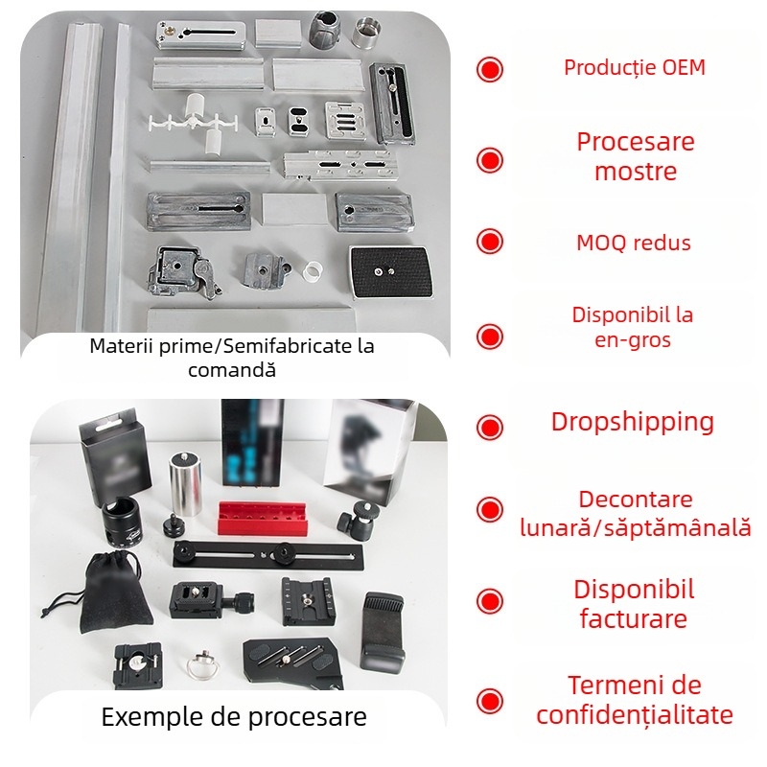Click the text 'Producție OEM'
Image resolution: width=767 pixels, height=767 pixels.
[x=635, y=68]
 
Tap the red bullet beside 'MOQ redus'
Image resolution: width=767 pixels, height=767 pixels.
[x=490, y=242]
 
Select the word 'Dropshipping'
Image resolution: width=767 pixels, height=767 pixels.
[x=633, y=422]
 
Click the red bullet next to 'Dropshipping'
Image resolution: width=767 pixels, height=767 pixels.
[x=490, y=427]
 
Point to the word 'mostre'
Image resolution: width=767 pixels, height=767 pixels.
[x=636, y=172]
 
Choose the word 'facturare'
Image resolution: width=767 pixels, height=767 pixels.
[x=634, y=618]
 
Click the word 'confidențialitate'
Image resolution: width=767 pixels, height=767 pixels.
[x=635, y=714]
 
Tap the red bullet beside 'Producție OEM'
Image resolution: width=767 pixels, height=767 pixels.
[x=490, y=69]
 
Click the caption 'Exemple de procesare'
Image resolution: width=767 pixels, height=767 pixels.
[x=234, y=717]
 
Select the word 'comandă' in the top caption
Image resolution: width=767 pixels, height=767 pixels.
[x=232, y=370]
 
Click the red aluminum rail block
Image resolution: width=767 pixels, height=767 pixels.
[x=262, y=518]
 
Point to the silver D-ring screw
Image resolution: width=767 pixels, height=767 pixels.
[x=201, y=664]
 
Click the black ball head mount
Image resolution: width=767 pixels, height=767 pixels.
[x=359, y=519]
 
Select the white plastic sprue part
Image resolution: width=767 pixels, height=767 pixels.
[x=194, y=123]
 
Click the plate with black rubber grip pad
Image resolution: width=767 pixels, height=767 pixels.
[x=392, y=272]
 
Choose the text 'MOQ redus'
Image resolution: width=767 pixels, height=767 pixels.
[x=634, y=244]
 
